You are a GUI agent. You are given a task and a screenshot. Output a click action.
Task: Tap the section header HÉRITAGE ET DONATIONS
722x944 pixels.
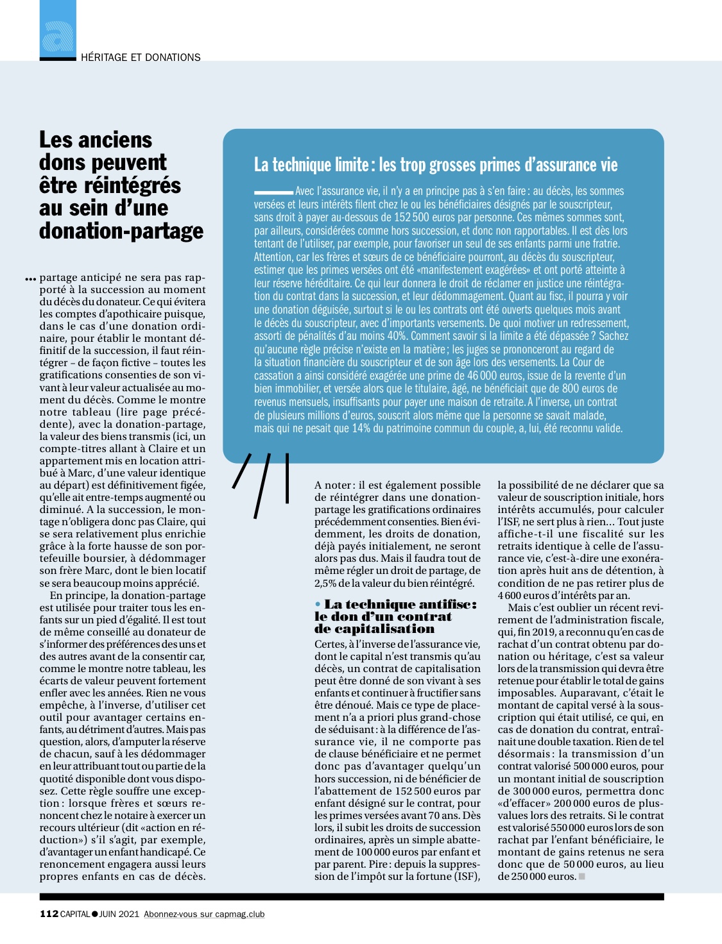pos(141,57)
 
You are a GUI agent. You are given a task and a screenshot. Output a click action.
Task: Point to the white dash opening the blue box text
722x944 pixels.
pos(273,192)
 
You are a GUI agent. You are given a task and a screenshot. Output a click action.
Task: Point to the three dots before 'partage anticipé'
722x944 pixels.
pos(30,279)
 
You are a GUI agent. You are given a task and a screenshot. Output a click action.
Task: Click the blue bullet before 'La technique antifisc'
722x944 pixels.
pos(318,604)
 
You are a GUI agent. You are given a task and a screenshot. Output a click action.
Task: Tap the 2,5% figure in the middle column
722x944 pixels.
pos(325,583)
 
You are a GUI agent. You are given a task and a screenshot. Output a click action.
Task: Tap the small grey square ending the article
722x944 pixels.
pos(582,877)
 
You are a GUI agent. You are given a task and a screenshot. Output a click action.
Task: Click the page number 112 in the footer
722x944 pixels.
pos(49,914)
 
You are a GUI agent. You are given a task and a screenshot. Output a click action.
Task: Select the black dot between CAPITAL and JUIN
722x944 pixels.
pos(94,914)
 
